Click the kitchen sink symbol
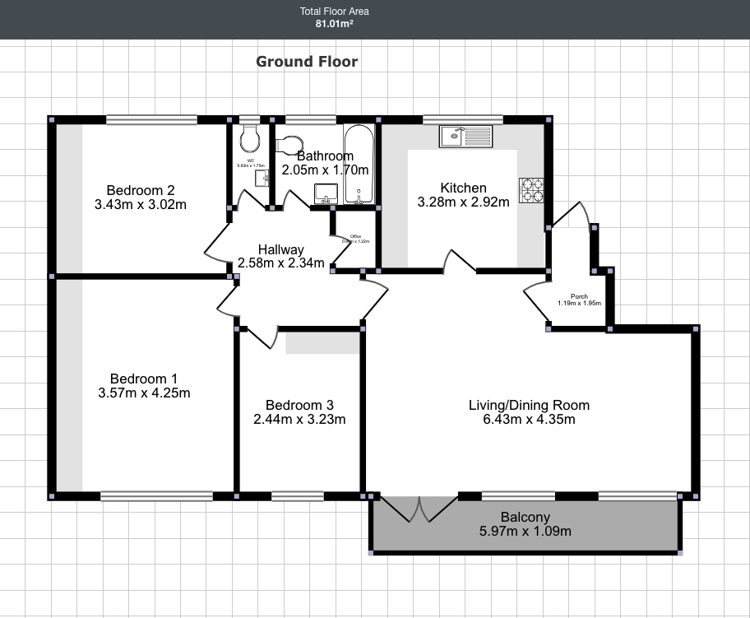click(x=465, y=136)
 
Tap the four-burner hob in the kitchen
click(x=531, y=190)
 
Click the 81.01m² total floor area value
click(x=334, y=24)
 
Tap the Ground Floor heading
click(x=307, y=62)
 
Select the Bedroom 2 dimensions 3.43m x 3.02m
click(x=140, y=204)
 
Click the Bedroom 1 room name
click(x=144, y=379)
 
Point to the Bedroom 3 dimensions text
click(x=299, y=419)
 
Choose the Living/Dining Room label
click(x=529, y=405)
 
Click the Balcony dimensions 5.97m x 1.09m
click(x=525, y=531)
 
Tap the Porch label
click(x=579, y=296)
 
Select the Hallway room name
click(x=280, y=249)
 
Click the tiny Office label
click(x=356, y=236)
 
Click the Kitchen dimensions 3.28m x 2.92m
click(x=463, y=202)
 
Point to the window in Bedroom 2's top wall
click(x=151, y=119)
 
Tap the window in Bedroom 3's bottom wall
click(x=297, y=496)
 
